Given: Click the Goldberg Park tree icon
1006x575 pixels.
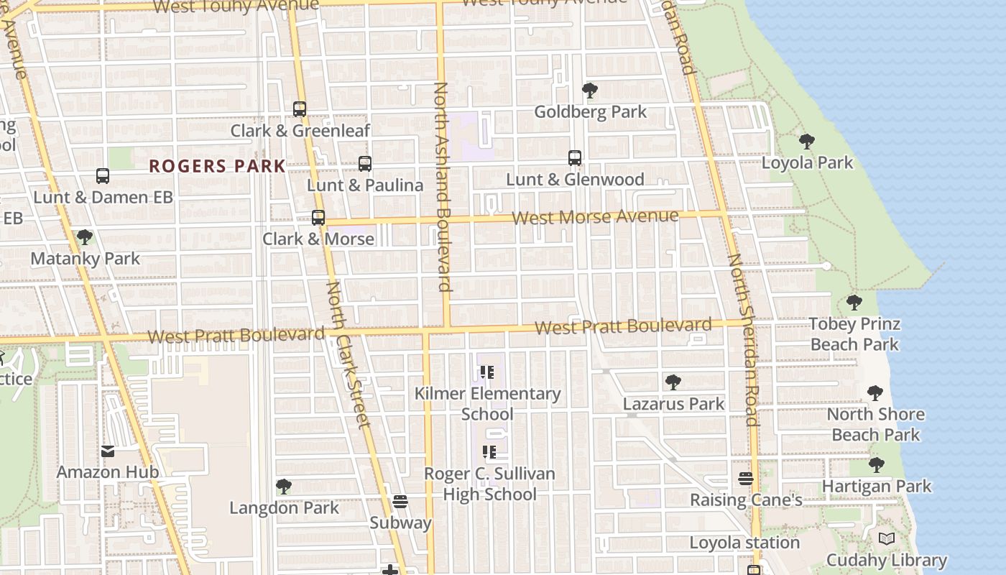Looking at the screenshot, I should pos(590,91).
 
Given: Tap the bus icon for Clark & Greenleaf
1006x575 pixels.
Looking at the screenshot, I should pos(300,109).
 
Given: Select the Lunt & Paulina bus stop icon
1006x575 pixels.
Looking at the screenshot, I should pos(365,164).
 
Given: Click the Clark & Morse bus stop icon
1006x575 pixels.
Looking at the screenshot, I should pos(318,218).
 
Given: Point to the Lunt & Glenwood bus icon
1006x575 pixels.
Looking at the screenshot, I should pos(575,158).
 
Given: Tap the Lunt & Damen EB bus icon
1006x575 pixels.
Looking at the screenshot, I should pos(103,176).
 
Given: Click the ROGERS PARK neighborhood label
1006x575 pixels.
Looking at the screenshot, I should pos(217,167).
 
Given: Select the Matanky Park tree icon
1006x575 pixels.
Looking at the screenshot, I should pos(85,237).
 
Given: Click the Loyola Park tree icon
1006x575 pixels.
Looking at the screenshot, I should pos(807,142).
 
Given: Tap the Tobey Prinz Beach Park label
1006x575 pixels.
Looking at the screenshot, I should pos(854,334).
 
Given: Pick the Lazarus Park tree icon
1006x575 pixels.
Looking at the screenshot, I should pos(673,382).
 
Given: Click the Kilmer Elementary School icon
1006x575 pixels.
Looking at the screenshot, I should pos(489,372).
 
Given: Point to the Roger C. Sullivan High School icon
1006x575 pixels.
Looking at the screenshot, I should pos(489,452).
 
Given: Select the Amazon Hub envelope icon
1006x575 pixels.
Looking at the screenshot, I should pos(108,451).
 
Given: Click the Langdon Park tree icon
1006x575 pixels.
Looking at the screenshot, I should pos(284,487).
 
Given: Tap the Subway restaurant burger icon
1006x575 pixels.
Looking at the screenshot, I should pos(400,502).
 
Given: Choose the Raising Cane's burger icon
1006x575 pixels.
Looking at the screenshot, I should pos(746,479).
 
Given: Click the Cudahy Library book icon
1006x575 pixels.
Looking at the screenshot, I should pos(887,539).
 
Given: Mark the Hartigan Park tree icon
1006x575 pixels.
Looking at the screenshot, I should pos(877,465).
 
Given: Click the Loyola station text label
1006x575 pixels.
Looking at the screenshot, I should pos(744,543).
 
